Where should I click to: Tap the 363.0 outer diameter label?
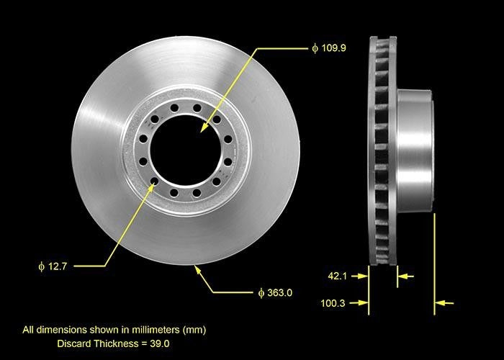pyautogui.click(x=280, y=292)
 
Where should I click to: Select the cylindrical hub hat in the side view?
pyautogui.click(x=414, y=151)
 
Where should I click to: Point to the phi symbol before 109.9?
pyautogui.click(x=315, y=48)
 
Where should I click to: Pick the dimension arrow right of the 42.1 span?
pyautogui.click(x=406, y=275)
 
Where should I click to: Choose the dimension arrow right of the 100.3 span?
pyautogui.click(x=444, y=304)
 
